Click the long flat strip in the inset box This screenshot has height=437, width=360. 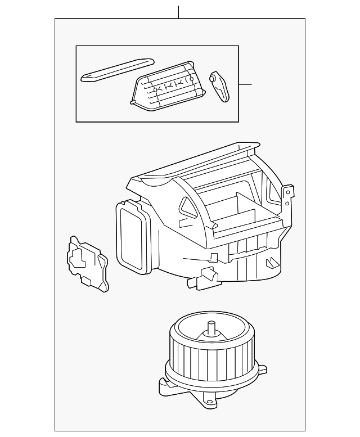click(x=115, y=69)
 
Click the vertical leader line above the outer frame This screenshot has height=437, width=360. click(x=178, y=12)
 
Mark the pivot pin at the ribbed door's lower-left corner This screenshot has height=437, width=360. click(x=133, y=102)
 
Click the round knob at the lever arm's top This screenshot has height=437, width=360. click(x=215, y=76)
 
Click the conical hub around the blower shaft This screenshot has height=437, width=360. click(x=211, y=335)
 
